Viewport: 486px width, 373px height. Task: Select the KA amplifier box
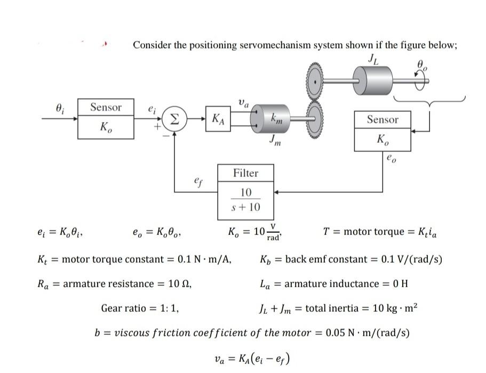click(x=218, y=118)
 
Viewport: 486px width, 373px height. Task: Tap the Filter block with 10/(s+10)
click(x=245, y=192)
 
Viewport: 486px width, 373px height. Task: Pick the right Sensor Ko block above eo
click(x=383, y=131)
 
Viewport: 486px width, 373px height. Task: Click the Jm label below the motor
click(x=275, y=142)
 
